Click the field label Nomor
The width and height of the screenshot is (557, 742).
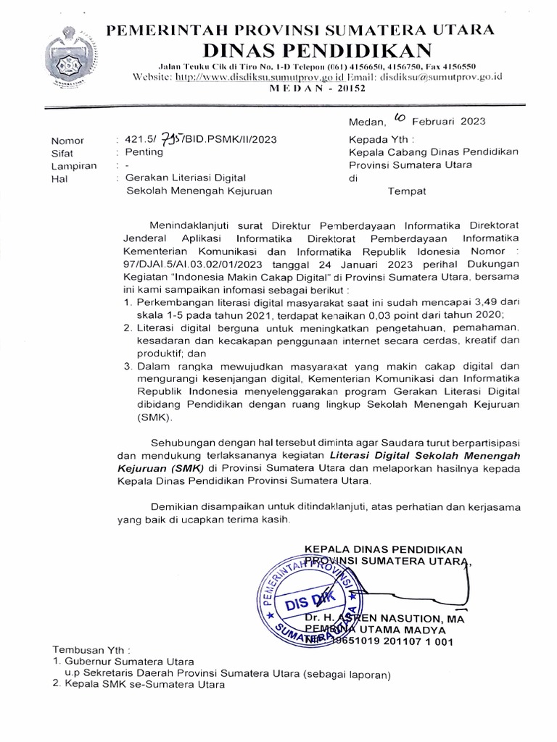tap(67, 141)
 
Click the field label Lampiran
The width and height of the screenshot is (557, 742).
tap(73, 165)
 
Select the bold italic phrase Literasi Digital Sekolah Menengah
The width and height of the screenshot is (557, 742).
tap(425, 456)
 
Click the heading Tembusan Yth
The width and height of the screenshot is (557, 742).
tap(91, 650)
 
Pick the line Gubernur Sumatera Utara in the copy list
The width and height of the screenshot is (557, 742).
tap(128, 662)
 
